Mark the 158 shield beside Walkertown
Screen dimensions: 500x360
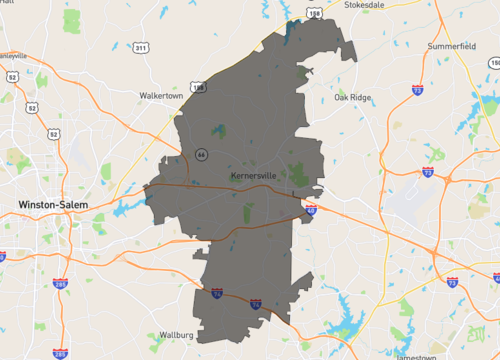coord(199,88)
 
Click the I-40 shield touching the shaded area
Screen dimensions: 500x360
coord(311,210)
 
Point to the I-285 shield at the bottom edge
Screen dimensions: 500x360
coord(60,352)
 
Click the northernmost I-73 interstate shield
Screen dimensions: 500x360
coord(415,89)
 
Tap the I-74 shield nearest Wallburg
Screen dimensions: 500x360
coord(217,294)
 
